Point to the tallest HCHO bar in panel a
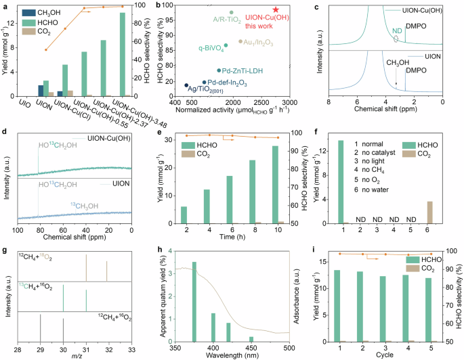[x=122, y=54]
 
